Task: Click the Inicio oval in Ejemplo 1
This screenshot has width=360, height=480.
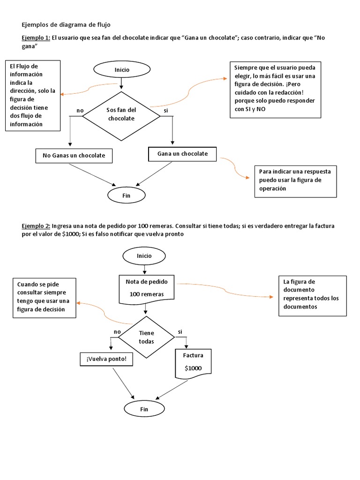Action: pyautogui.click(x=121, y=70)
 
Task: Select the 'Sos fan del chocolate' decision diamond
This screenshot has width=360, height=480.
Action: pyautogui.click(x=121, y=114)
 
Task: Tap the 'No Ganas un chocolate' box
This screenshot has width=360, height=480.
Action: pyautogui.click(x=74, y=156)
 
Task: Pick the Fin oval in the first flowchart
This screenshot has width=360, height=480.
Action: pyautogui.click(x=126, y=195)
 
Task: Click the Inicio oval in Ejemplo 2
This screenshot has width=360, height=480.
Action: pyautogui.click(x=144, y=256)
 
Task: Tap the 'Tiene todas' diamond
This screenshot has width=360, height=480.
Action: pyautogui.click(x=146, y=337)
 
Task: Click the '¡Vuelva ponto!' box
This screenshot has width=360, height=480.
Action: pyautogui.click(x=106, y=359)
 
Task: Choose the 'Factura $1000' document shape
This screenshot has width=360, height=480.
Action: pyautogui.click(x=193, y=362)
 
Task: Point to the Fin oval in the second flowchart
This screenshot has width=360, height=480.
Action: pyautogui.click(x=144, y=409)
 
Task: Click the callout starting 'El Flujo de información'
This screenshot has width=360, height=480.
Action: pyautogui.click(x=33, y=95)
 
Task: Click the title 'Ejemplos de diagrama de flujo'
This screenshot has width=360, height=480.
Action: pyautogui.click(x=67, y=24)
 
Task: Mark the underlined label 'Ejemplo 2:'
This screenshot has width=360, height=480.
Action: pyautogui.click(x=37, y=226)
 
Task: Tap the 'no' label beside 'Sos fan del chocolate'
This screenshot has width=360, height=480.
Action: pyautogui.click(x=80, y=111)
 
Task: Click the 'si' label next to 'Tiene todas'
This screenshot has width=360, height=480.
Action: pyautogui.click(x=180, y=332)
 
